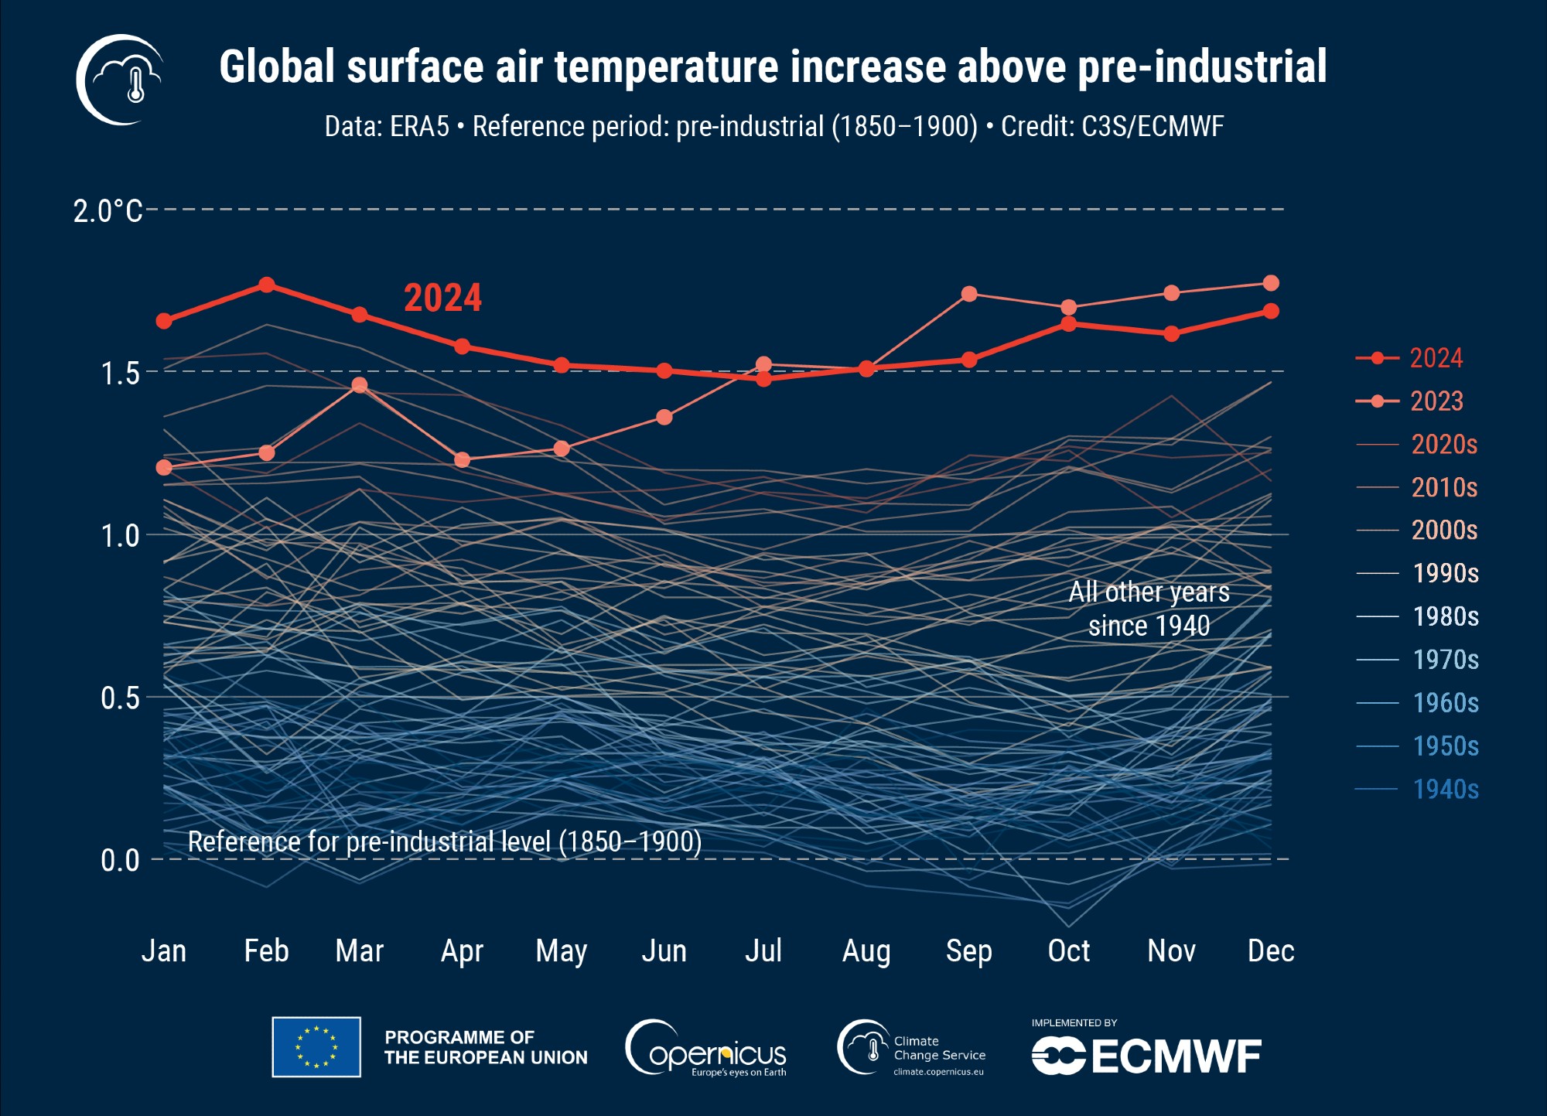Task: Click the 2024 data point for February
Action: click(x=267, y=285)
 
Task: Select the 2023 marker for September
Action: click(x=969, y=294)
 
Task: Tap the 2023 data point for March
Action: click(x=360, y=385)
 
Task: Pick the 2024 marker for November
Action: click(x=1172, y=333)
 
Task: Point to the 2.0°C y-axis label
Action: click(x=108, y=210)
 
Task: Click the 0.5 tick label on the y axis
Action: click(x=120, y=698)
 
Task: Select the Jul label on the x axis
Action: click(x=763, y=950)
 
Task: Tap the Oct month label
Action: click(x=1068, y=950)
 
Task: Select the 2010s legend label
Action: click(x=1444, y=487)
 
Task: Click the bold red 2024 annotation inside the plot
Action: click(x=442, y=298)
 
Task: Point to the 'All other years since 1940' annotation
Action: click(x=1149, y=609)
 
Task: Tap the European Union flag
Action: click(x=316, y=1047)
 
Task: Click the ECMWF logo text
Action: click(x=1146, y=1056)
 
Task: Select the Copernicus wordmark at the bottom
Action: click(x=706, y=1050)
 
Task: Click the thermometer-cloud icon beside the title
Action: click(x=121, y=80)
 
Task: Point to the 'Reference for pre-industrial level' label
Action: click(x=445, y=841)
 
